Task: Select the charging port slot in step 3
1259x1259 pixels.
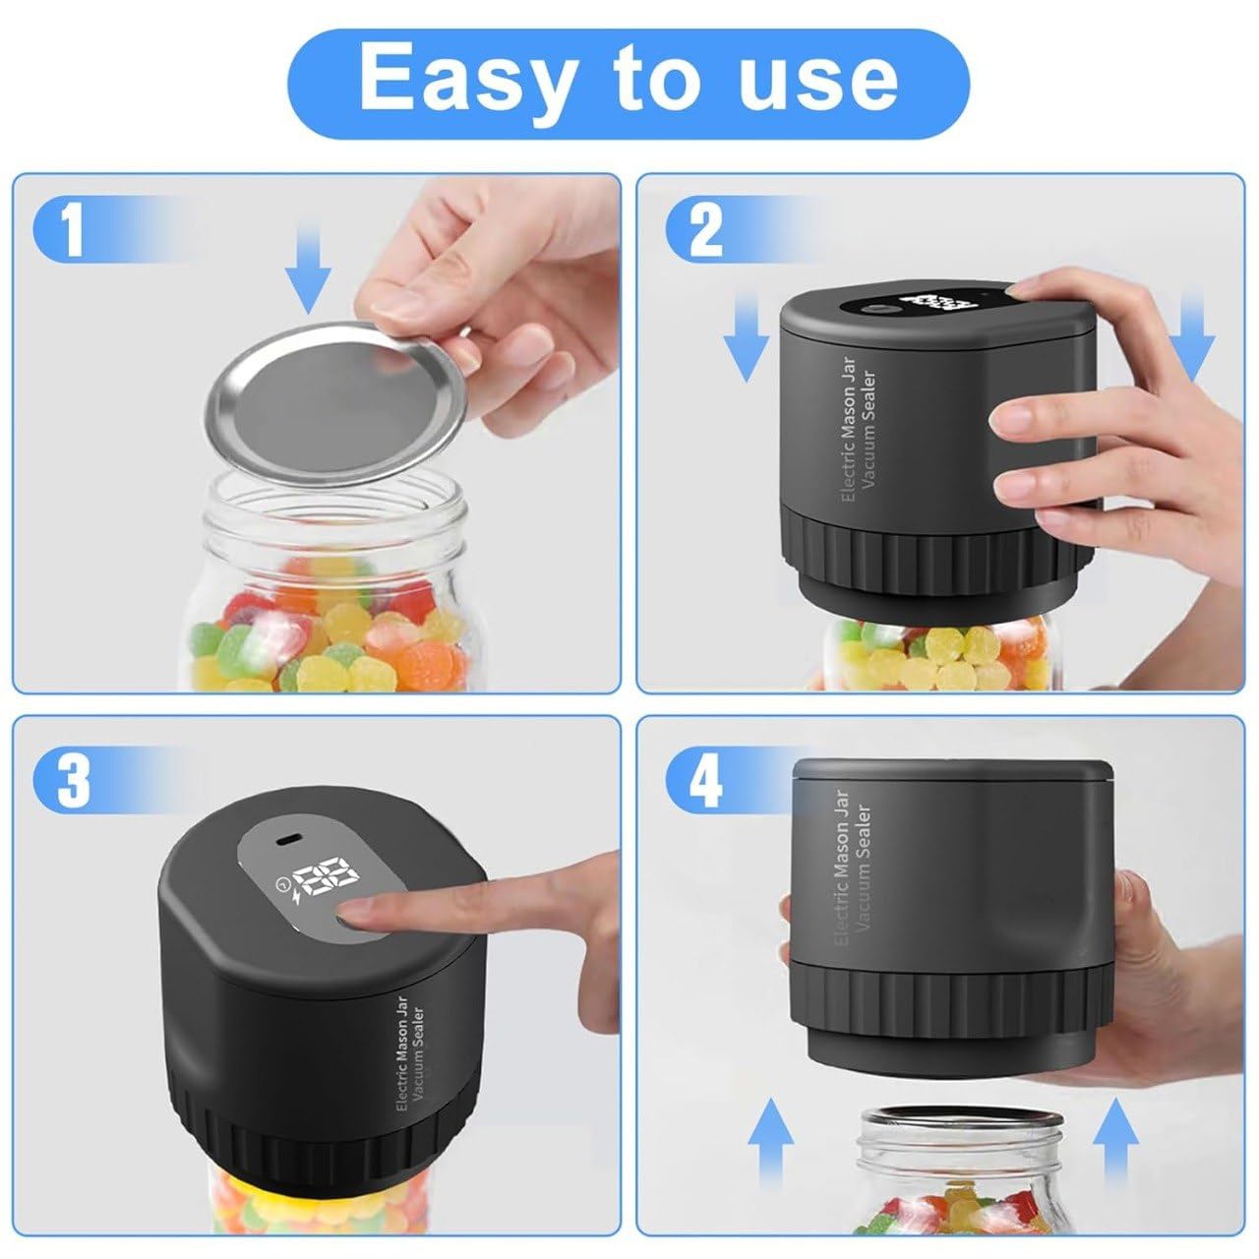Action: pos(285,840)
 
